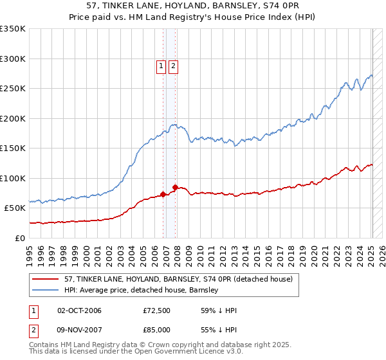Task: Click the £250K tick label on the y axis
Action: click(13, 89)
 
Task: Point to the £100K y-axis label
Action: click(13, 178)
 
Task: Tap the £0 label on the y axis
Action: click(19, 238)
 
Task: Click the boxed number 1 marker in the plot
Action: click(161, 65)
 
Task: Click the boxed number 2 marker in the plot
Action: click(174, 65)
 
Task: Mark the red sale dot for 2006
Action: click(163, 194)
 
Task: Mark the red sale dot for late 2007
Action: click(176, 187)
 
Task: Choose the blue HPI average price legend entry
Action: click(141, 290)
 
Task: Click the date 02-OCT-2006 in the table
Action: click(79, 310)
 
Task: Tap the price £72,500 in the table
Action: click(157, 310)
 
